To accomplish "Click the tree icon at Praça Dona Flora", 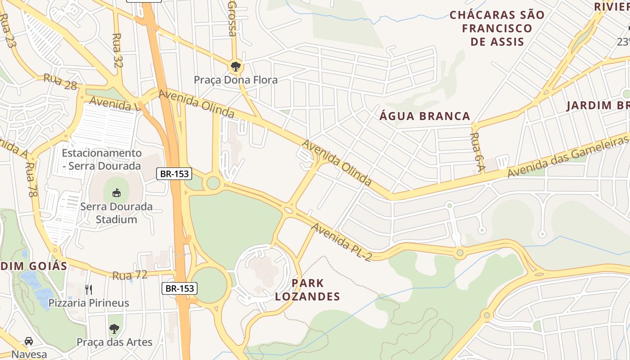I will click(235, 67).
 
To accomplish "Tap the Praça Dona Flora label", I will click(235, 80).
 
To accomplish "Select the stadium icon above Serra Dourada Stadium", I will click(117, 193).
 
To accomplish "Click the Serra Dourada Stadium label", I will click(117, 213).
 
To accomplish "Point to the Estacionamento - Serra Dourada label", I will click(101, 160).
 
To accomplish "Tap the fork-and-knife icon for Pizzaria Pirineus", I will click(89, 289).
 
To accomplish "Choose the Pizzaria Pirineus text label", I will click(89, 303).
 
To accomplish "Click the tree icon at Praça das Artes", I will click(114, 329).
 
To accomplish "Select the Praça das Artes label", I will click(114, 342).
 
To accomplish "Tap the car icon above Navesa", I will click(29, 341).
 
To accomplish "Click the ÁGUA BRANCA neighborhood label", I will click(425, 116).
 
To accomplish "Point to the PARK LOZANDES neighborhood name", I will click(307, 290).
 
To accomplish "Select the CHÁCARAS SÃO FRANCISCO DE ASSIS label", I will click(497, 28).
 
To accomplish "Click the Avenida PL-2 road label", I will click(342, 242).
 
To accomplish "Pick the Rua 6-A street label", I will click(477, 152).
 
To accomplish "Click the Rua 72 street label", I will click(130, 275).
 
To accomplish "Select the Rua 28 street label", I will click(60, 81).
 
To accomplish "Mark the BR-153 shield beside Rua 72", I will click(180, 288).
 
